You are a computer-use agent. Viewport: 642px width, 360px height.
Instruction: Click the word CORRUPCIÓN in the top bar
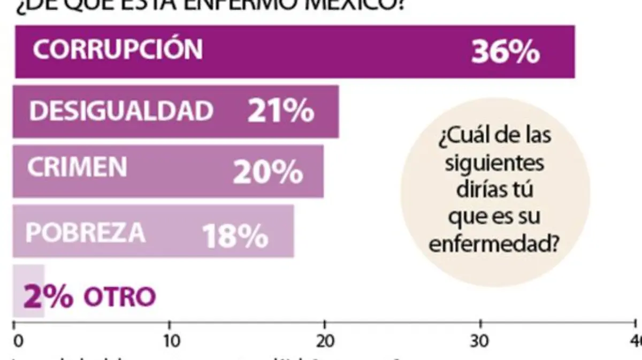pyautogui.click(x=118, y=49)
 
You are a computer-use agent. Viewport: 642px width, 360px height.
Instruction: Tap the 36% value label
pyautogui.click(x=505, y=52)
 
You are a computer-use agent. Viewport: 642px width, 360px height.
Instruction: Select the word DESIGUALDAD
pyautogui.click(x=121, y=111)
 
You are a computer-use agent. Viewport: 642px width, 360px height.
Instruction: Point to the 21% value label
pyautogui.click(x=280, y=112)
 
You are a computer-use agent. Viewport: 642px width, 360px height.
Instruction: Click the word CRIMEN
pyautogui.click(x=78, y=167)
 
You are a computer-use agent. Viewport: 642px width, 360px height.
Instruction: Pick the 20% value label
pyautogui.click(x=267, y=172)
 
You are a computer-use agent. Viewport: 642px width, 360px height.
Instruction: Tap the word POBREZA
pyautogui.click(x=86, y=233)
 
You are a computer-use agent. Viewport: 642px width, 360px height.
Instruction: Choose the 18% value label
pyautogui.click(x=235, y=236)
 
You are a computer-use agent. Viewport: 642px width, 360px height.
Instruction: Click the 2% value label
pyautogui.click(x=48, y=296)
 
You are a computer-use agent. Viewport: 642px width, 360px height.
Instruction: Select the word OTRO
pyautogui.click(x=119, y=297)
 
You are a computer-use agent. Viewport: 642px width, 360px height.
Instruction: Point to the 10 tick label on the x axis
pyautogui.click(x=170, y=342)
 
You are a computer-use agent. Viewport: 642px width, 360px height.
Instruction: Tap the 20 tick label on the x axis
pyautogui.click(x=324, y=342)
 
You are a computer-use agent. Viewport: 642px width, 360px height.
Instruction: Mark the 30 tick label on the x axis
pyautogui.click(x=480, y=342)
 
